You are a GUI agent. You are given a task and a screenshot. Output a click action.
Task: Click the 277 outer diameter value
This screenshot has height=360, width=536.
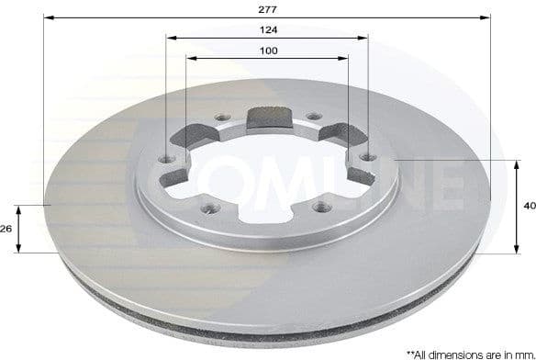point(267,8)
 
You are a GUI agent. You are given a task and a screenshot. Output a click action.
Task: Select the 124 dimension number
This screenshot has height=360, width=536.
point(267,29)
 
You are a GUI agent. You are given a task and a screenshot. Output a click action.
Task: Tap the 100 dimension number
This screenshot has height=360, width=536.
point(267,51)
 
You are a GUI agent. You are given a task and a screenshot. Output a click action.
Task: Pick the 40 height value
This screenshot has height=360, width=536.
point(528,206)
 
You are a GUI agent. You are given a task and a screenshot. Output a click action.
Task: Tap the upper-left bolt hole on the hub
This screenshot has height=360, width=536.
point(222,118)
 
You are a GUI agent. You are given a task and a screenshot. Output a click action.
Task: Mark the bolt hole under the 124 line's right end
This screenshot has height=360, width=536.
point(367,158)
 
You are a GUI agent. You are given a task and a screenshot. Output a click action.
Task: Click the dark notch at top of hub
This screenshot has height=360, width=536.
point(268,118)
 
